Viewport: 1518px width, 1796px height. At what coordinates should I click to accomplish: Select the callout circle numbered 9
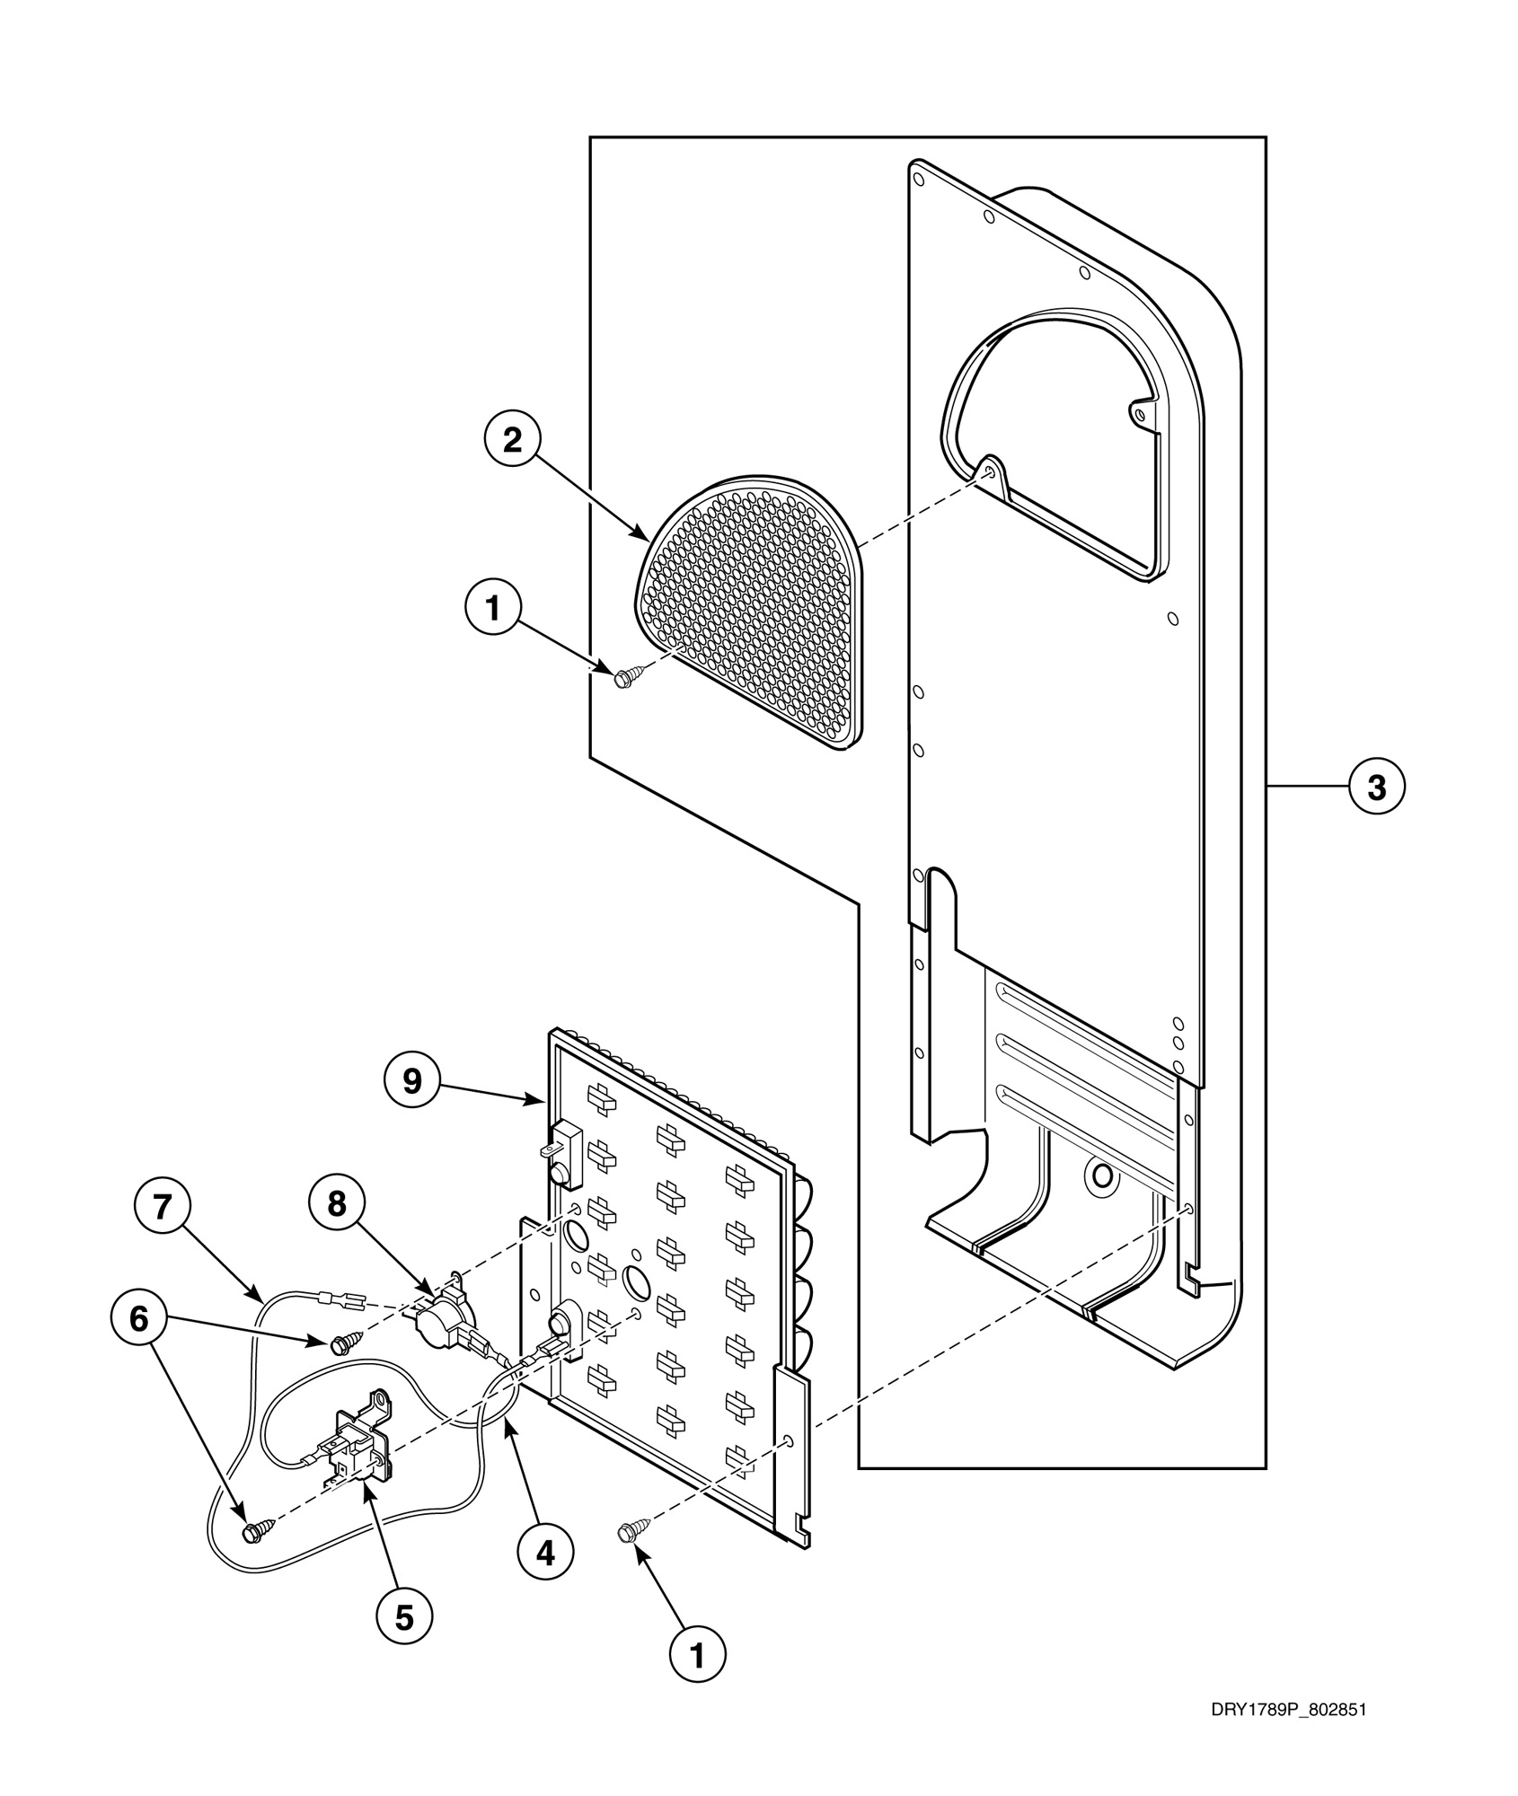pyautogui.click(x=411, y=1081)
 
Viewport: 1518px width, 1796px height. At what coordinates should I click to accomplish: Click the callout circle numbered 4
pyautogui.click(x=545, y=1551)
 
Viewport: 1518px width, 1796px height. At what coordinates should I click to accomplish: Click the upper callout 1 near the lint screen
pyautogui.click(x=492, y=608)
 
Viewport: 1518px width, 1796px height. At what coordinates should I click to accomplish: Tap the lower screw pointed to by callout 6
pyautogui.click(x=254, y=1529)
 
